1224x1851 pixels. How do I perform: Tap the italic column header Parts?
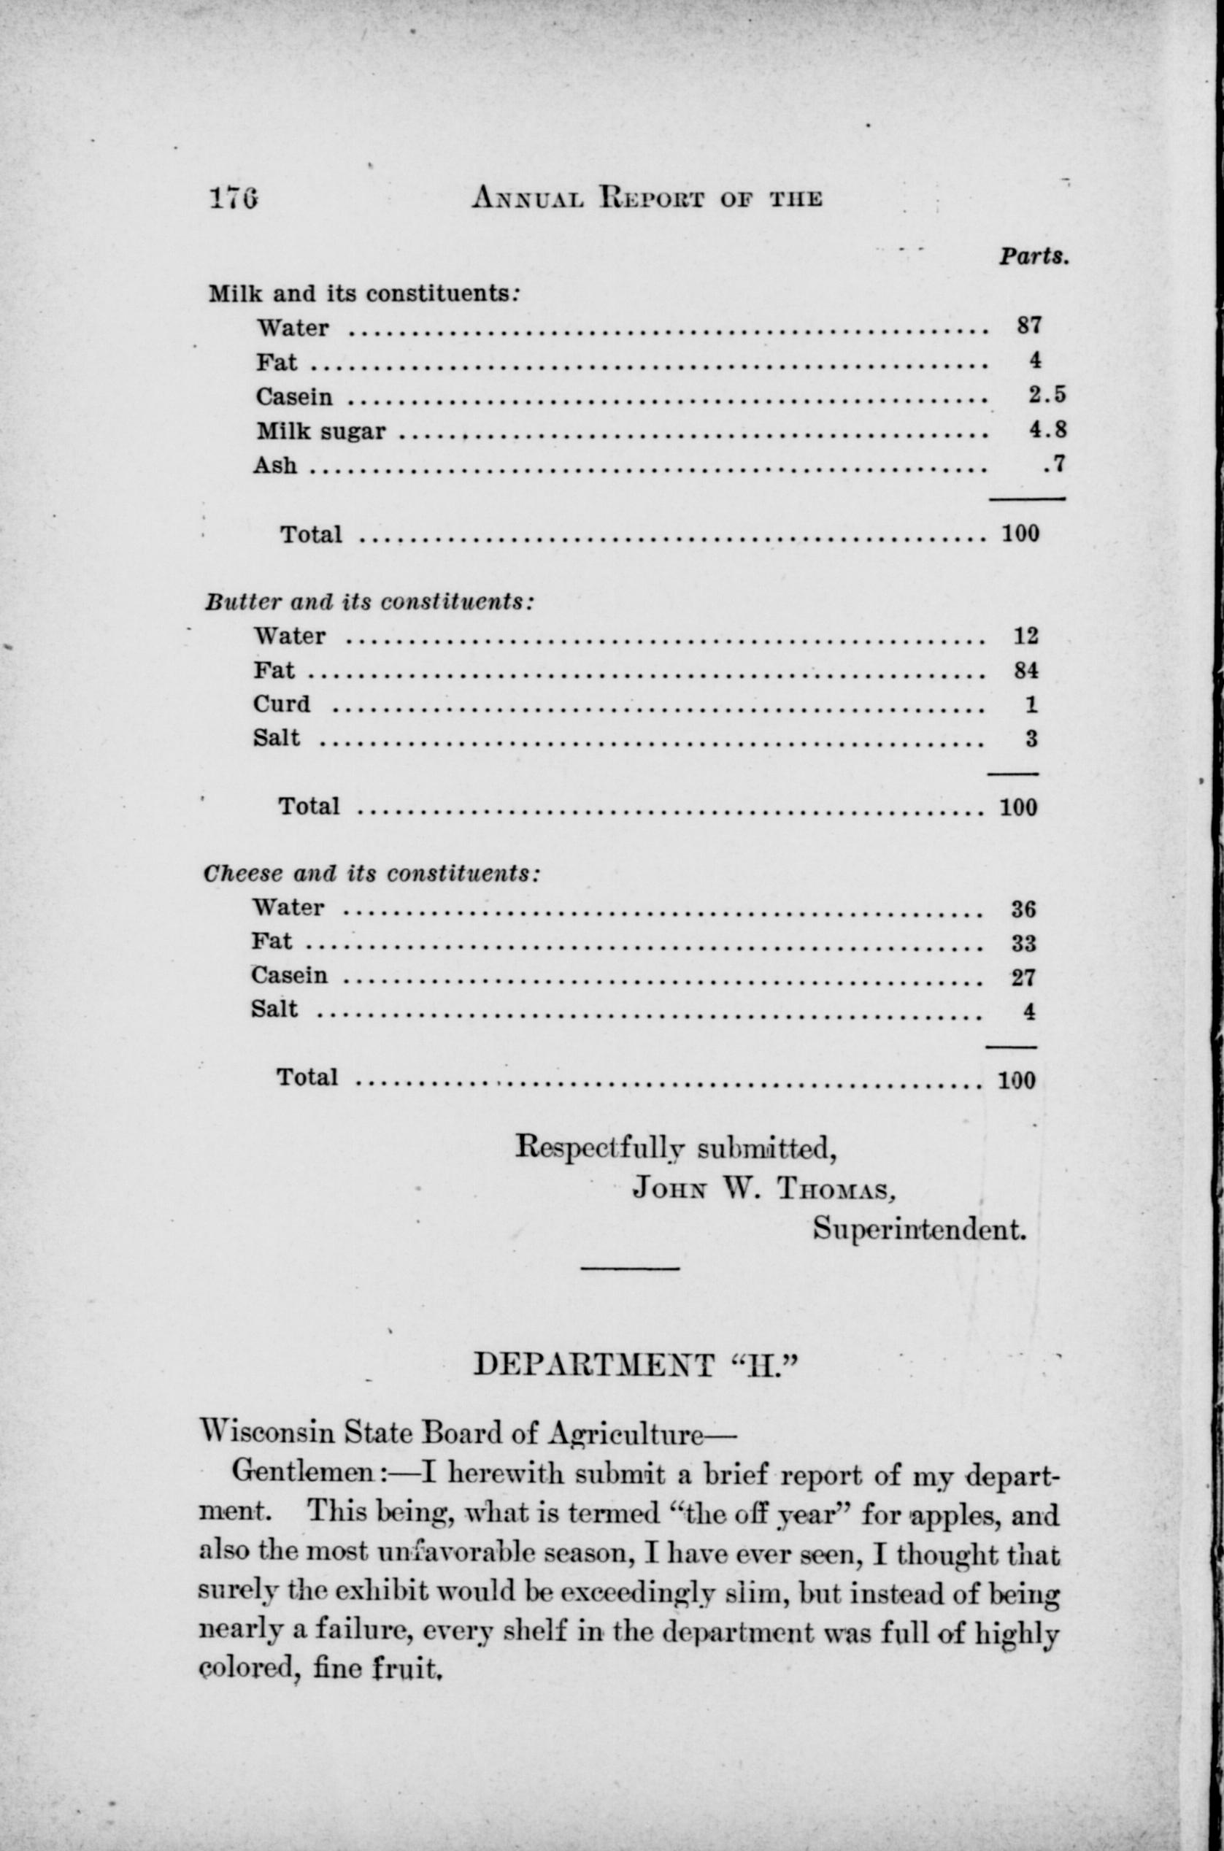(1033, 256)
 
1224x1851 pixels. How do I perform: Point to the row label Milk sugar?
(321, 431)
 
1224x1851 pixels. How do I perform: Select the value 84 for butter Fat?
(1025, 670)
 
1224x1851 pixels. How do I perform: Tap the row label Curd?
(281, 704)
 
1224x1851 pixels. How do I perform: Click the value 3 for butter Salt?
(1031, 739)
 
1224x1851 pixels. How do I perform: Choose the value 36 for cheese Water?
(1023, 909)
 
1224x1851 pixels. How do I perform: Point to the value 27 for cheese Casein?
(1023, 977)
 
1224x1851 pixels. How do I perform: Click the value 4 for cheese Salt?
(1029, 1012)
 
